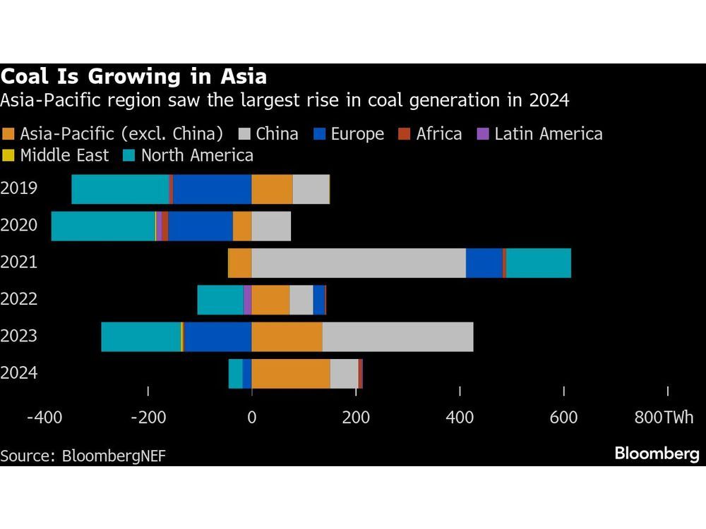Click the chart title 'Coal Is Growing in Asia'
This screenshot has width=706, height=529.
point(134,76)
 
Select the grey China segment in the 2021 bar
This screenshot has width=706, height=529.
point(359,263)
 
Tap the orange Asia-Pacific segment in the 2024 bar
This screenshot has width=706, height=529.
point(291,373)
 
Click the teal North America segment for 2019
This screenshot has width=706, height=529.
point(120,189)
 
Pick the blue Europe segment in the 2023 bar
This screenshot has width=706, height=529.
point(218,336)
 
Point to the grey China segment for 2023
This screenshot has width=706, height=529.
point(397,336)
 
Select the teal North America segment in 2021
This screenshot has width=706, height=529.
point(539,263)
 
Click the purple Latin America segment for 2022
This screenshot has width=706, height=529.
point(248,300)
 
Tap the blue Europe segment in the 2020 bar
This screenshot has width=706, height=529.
point(201,226)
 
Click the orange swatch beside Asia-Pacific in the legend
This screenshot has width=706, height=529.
point(8,134)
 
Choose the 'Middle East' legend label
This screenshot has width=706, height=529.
point(64,155)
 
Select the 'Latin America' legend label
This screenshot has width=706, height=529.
point(548,134)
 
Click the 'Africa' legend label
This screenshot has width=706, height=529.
point(439,134)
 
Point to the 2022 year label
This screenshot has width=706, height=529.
point(20,299)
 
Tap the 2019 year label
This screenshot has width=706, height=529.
point(20,188)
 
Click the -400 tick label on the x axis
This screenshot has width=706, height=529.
point(44,418)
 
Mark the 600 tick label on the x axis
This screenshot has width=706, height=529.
point(563,418)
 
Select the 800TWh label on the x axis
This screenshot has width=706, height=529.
point(664,418)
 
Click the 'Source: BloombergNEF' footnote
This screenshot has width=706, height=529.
point(83,455)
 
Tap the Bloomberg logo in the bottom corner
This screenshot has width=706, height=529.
point(657,454)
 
